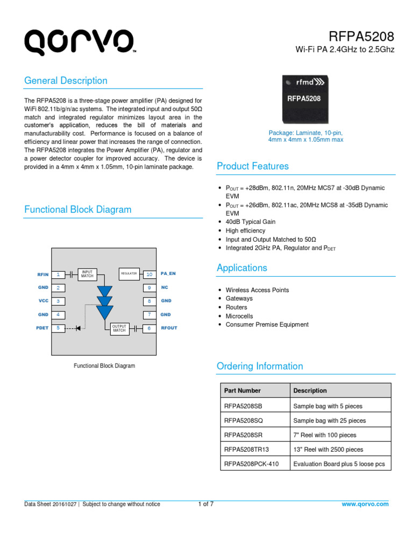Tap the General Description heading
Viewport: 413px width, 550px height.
[x=66, y=81]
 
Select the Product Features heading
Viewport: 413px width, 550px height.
[x=252, y=166]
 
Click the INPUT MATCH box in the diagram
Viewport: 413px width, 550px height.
[x=87, y=274]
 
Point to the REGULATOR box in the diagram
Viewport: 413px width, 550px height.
[x=129, y=274]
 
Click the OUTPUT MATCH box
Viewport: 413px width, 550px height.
[x=119, y=328]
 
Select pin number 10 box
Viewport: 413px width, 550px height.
[x=149, y=274]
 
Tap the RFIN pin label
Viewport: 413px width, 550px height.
[x=43, y=274]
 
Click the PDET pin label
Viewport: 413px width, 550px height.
[x=42, y=328]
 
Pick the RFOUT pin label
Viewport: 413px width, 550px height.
[x=169, y=328]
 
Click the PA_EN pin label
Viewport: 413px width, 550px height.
[x=168, y=274]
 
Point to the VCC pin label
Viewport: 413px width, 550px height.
[x=44, y=301]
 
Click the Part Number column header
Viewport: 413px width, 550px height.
[x=243, y=390]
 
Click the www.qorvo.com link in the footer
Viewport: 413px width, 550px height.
[x=365, y=504]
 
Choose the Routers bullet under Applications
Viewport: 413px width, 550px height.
[x=237, y=307]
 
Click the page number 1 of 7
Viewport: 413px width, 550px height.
[x=206, y=504]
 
